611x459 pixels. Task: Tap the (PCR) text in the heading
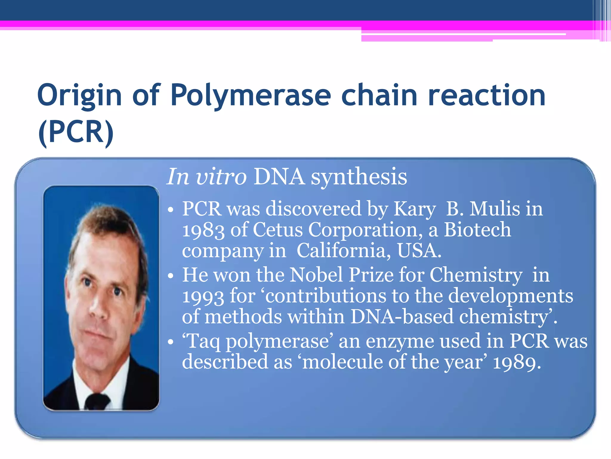click(76, 132)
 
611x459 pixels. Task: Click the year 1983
click(203, 230)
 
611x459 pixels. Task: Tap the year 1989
click(517, 362)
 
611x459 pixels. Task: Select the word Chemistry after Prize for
click(476, 275)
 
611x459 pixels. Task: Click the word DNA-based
click(402, 317)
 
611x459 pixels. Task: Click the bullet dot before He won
click(170, 276)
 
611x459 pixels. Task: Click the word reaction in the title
click(487, 96)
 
